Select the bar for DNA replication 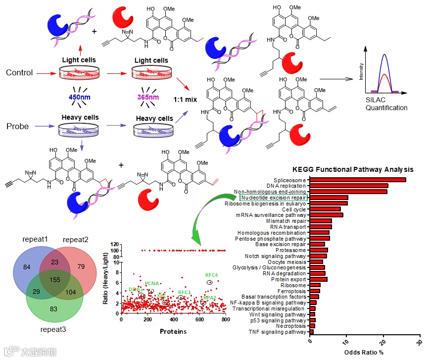(348, 186)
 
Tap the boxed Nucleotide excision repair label (273, 198)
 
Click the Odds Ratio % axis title (365, 353)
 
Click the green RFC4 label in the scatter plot (211, 275)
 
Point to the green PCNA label (151, 284)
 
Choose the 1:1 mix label (185, 100)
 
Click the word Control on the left (19, 73)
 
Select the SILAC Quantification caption (387, 103)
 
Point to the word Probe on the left (17, 126)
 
